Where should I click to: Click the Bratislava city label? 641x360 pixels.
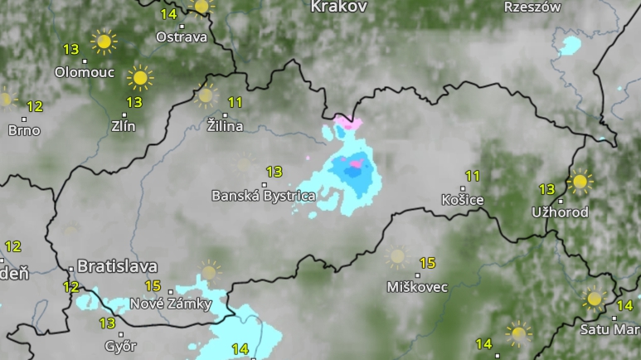117,266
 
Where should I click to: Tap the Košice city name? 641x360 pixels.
462,200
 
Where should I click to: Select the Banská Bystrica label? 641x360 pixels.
264,197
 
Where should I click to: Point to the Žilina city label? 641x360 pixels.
226,127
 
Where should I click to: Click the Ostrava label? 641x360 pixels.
182,37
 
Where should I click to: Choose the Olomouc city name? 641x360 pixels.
84,72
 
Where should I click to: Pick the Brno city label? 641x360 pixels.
23,130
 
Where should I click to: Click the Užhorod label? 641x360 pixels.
560,212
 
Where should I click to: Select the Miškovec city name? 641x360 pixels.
417,287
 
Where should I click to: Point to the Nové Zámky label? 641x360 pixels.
171,304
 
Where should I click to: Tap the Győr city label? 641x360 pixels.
120,345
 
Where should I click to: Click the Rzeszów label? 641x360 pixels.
532,7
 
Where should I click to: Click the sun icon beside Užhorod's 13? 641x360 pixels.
580,182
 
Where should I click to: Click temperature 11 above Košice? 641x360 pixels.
473,176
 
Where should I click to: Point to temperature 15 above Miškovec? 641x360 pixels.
427,263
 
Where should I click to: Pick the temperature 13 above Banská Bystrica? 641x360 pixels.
274,172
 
